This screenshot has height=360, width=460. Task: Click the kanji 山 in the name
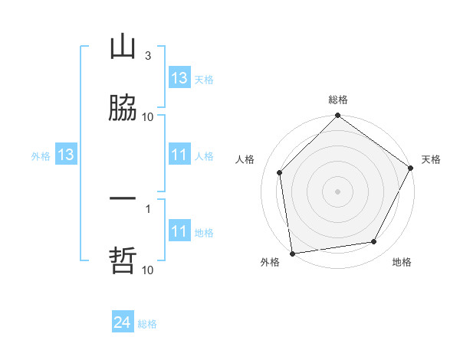click(x=123, y=47)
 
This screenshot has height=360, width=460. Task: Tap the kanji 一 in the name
click(x=123, y=198)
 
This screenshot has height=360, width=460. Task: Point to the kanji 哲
click(x=123, y=260)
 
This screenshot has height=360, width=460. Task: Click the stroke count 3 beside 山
click(x=147, y=56)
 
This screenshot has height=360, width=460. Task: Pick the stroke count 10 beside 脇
click(x=148, y=117)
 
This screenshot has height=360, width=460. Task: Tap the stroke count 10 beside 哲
click(x=148, y=270)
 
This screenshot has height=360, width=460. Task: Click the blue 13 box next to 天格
click(x=179, y=78)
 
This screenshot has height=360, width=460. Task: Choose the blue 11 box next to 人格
click(x=179, y=155)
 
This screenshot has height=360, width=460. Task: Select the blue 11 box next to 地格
click(x=179, y=232)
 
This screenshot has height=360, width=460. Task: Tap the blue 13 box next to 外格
click(x=66, y=155)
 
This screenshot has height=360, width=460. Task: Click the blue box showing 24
click(x=122, y=323)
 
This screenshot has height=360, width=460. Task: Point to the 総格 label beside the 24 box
click(x=147, y=324)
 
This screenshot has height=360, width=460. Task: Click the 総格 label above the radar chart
click(x=338, y=100)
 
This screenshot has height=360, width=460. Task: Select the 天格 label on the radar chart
click(x=431, y=159)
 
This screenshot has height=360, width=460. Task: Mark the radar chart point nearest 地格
click(x=374, y=242)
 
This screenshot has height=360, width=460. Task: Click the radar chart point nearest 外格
click(x=292, y=253)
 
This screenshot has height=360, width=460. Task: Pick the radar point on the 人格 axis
click(x=280, y=172)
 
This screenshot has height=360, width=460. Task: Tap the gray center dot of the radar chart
click(x=338, y=191)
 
